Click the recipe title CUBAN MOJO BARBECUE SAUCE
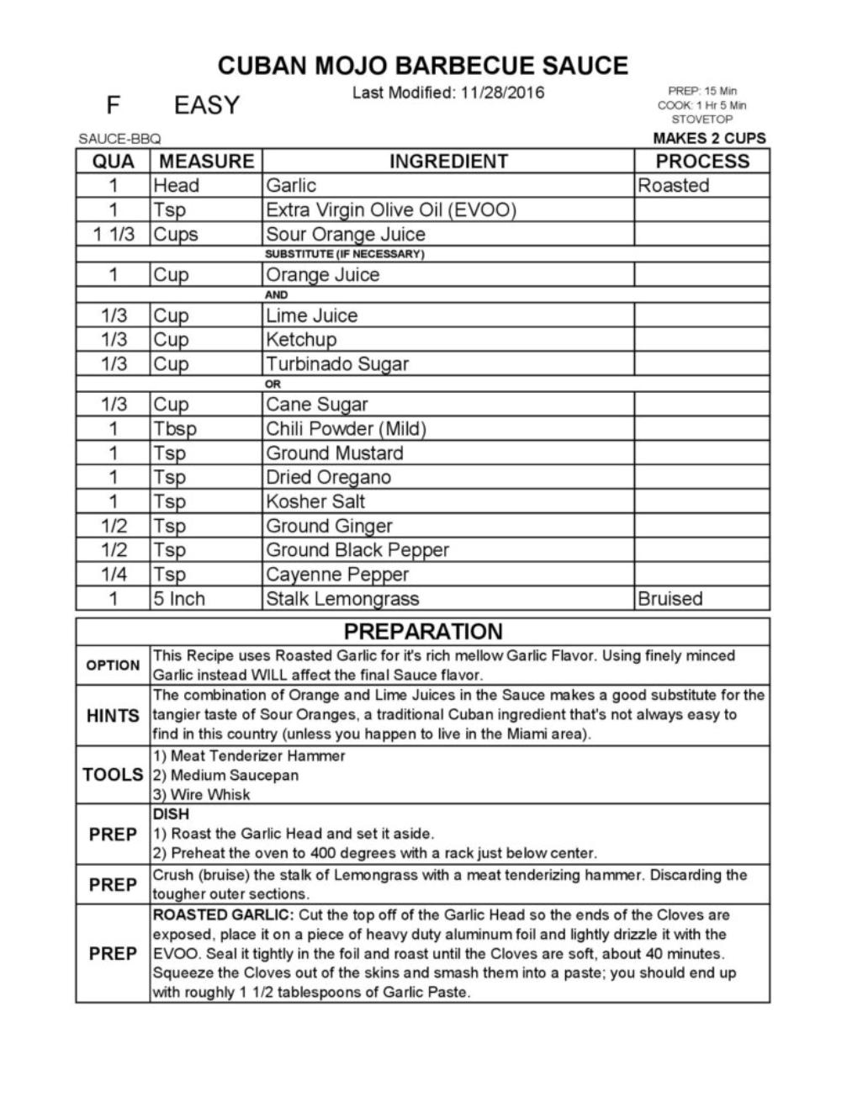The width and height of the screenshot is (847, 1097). [422, 66]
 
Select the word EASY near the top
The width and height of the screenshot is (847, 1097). [207, 106]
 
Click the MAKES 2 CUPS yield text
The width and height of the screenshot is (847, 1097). [709, 139]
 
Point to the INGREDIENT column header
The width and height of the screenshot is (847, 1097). [447, 162]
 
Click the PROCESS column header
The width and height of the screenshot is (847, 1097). [701, 162]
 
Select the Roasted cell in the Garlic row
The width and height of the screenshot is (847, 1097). [673, 186]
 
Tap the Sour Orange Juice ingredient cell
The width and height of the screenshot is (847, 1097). [345, 234]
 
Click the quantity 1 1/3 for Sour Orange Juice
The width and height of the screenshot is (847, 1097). [113, 234]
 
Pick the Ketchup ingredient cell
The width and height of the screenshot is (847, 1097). [300, 340]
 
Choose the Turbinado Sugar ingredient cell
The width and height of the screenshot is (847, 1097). [336, 364]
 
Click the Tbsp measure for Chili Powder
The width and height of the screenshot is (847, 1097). [174, 429]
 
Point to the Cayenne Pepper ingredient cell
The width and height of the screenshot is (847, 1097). [336, 575]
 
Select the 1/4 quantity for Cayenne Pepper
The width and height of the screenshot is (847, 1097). [113, 575]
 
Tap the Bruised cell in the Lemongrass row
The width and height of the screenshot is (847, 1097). [670, 599]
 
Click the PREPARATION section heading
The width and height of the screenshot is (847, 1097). [422, 632]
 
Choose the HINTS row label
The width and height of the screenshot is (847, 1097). [113, 716]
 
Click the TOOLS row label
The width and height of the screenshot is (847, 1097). [113, 775]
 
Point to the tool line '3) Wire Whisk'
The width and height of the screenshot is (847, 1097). [201, 795]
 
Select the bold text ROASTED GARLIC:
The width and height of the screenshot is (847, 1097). [223, 915]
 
